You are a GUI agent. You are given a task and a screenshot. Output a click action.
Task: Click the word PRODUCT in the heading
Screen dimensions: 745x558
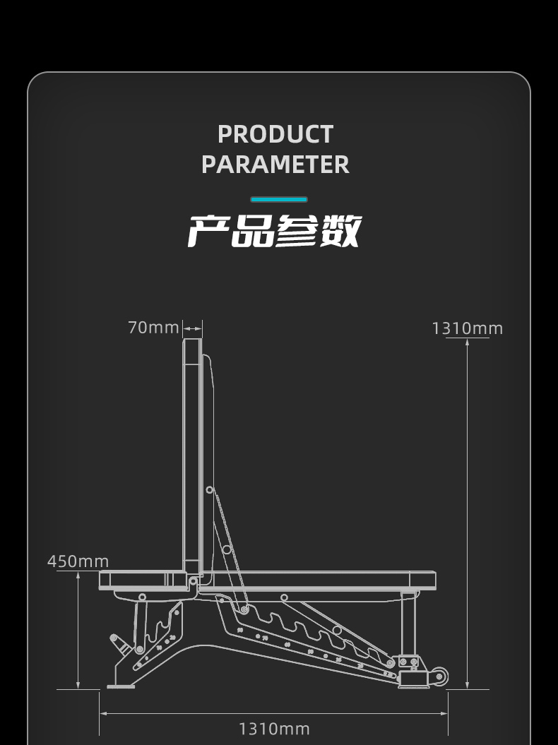click(275, 133)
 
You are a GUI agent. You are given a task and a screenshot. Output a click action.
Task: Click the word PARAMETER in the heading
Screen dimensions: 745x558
click(275, 165)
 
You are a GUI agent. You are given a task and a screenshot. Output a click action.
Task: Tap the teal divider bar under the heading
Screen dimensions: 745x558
click(279, 200)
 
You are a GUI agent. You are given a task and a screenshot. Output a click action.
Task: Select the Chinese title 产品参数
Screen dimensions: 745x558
click(275, 231)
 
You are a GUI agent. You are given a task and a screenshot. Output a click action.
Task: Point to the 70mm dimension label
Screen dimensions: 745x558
click(153, 328)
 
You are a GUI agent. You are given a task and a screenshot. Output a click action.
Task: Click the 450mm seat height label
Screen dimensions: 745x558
click(78, 561)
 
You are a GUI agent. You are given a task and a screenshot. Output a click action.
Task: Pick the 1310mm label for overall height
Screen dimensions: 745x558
click(467, 328)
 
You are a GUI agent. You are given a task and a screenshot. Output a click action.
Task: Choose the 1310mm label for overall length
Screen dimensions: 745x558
click(274, 729)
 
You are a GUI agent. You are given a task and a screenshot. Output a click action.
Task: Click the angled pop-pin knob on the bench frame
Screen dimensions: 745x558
click(117, 642)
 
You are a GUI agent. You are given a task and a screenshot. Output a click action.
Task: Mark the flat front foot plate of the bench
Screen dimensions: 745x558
click(121, 686)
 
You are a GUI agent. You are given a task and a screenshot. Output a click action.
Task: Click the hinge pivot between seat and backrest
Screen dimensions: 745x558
click(193, 581)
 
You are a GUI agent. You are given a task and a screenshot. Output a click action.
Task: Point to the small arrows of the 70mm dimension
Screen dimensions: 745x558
click(192, 328)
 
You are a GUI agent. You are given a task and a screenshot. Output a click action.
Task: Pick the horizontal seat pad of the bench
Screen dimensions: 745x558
click(318, 580)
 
